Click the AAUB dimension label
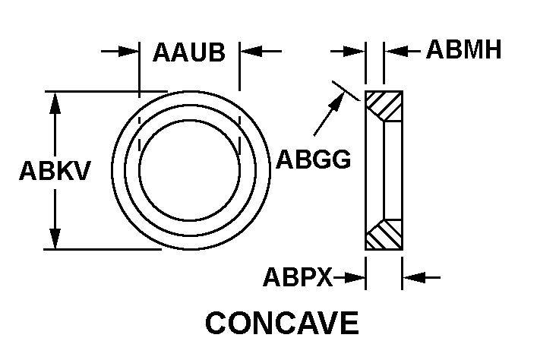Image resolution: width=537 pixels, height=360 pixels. point(189,53)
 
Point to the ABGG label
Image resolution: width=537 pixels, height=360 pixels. point(313,159)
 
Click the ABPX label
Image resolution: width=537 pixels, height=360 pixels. point(298,278)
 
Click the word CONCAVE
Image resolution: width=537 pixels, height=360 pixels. point(282,324)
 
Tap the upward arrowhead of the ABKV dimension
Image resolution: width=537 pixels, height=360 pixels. point(55,102)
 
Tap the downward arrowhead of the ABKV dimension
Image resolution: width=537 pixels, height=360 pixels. point(55,238)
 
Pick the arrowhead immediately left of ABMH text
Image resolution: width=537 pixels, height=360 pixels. point(395,52)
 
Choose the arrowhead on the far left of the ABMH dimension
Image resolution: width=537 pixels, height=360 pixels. point(355,52)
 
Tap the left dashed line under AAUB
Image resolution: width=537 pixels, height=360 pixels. point(139,122)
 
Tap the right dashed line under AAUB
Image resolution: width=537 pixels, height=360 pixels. point(240,122)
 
